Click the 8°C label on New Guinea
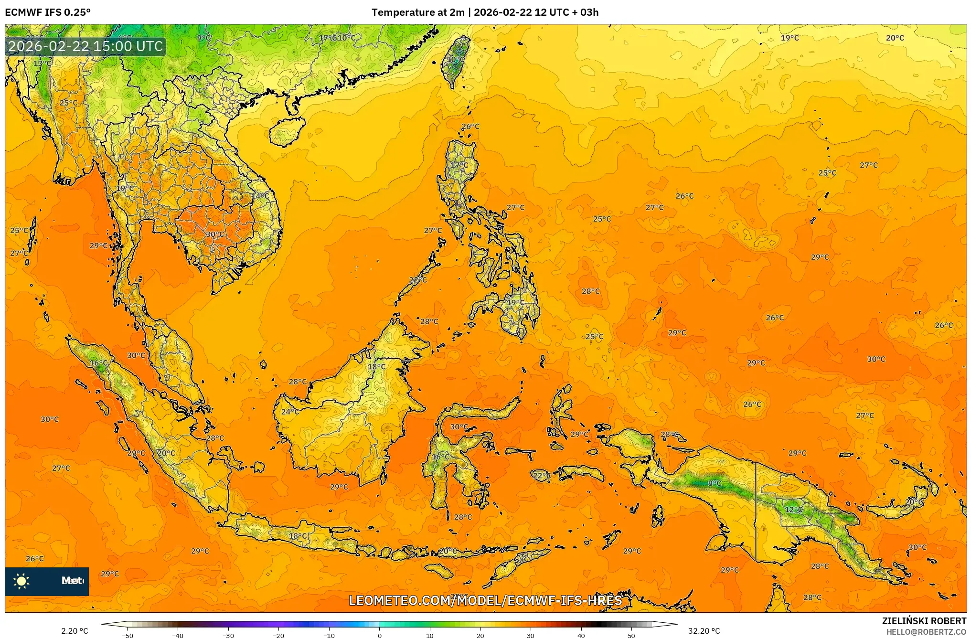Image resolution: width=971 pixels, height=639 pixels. click(715, 483)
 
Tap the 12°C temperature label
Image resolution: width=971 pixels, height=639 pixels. click(794, 510)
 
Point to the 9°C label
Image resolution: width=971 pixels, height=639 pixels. click(204, 38)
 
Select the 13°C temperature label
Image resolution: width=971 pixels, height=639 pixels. click(42, 63)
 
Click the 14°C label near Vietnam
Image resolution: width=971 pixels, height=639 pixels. click(260, 196)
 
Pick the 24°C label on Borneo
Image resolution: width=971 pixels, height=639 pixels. click(289, 412)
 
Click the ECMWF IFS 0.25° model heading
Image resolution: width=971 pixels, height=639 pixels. click(48, 12)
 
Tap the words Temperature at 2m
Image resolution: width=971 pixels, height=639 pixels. click(418, 12)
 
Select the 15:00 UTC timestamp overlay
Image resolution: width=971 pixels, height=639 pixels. click(86, 46)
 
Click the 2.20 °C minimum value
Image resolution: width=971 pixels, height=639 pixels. click(75, 631)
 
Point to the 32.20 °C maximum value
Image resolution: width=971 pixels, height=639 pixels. click(704, 631)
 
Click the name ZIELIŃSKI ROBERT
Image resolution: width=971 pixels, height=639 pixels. click(924, 621)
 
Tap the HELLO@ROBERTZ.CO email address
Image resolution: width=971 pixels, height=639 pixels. click(926, 632)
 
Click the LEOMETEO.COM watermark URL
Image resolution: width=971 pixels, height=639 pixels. click(485, 600)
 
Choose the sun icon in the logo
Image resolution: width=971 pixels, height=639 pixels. click(21, 581)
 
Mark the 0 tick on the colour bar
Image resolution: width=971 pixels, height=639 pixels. click(379, 636)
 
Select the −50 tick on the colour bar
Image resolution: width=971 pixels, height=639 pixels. click(127, 636)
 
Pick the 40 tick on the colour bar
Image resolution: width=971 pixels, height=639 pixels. click(581, 636)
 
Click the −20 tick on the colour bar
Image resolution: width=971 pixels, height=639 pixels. click(278, 636)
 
